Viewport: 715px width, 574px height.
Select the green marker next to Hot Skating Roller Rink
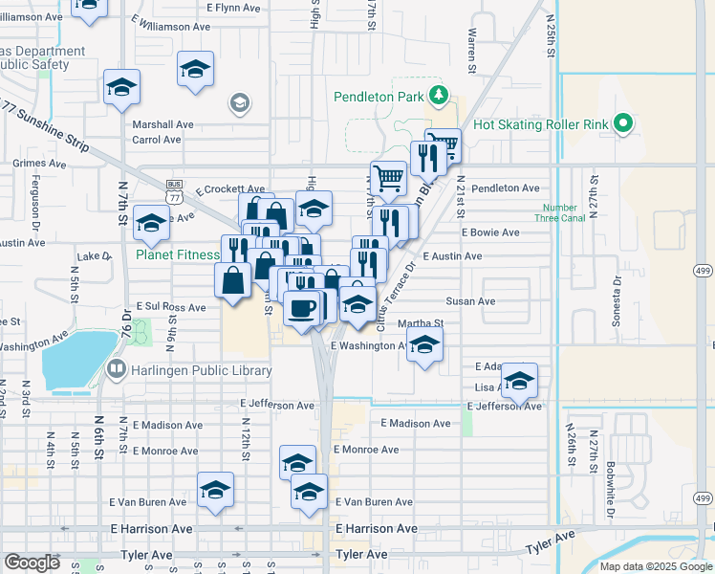tap(623, 123)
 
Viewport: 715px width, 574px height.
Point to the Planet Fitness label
tap(178, 255)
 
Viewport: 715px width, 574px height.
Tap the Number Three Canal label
tap(558, 212)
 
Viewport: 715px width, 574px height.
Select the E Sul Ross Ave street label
tap(170, 307)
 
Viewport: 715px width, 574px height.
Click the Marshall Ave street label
tap(162, 124)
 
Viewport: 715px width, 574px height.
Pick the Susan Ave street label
tap(472, 300)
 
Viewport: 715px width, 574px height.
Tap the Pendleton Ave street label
tap(505, 188)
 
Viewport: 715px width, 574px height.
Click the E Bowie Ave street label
tap(490, 232)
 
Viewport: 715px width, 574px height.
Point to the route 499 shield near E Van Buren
tap(703, 498)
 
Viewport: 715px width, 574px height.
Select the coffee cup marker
tap(303, 308)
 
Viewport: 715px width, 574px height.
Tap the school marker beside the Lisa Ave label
tap(519, 382)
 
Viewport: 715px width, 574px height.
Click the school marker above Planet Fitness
tap(150, 224)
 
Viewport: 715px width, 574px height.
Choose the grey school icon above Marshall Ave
tap(239, 102)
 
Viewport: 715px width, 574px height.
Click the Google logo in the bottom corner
tap(32, 563)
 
